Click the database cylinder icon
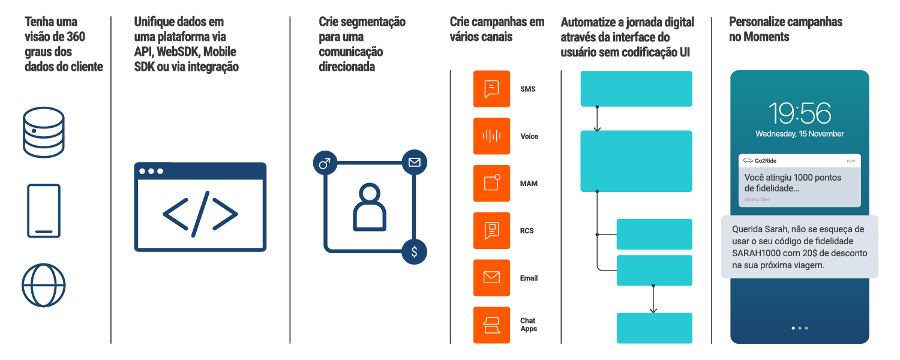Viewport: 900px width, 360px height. [x=43, y=132]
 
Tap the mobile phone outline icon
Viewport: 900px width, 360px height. [x=44, y=211]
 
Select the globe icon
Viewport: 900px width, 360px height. [x=43, y=285]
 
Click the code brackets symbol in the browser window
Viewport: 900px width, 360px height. [x=200, y=214]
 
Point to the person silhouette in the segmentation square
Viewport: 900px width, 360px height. [x=370, y=208]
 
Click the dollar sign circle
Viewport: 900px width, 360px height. [x=414, y=252]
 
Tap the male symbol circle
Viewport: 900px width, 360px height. [x=325, y=163]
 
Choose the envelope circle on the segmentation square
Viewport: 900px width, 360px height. [x=414, y=163]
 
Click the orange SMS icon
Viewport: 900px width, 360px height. [x=491, y=89]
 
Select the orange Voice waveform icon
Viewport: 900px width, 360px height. [x=491, y=136]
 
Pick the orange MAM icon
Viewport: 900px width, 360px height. [x=491, y=183]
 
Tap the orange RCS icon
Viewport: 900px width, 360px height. [x=491, y=230]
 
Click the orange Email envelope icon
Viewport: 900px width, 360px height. [x=491, y=278]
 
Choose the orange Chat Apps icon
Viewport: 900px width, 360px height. [x=491, y=325]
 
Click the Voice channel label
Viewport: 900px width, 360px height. [x=529, y=137]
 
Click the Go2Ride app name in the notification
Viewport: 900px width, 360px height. [x=766, y=161]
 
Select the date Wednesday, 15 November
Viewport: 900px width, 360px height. [x=800, y=134]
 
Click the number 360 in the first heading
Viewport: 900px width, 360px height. [x=76, y=37]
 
